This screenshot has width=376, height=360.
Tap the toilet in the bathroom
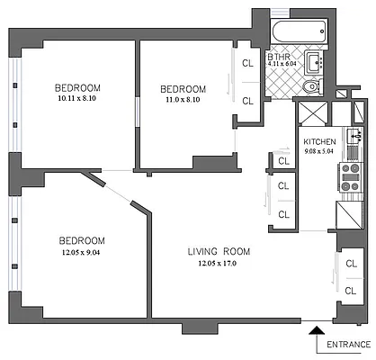(309, 87)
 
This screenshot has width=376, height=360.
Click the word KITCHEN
(319, 142)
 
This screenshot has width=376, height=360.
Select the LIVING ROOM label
(219, 250)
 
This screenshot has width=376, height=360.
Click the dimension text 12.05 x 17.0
(219, 264)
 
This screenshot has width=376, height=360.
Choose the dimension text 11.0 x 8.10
(183, 100)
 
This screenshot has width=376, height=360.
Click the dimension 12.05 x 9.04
(82, 253)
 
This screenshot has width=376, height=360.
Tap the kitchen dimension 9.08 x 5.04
(319, 152)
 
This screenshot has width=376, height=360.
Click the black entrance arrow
(316, 337)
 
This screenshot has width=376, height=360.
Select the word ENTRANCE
(349, 346)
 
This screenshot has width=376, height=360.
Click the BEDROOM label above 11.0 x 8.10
(183, 88)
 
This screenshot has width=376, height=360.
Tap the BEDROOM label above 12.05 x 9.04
(82, 240)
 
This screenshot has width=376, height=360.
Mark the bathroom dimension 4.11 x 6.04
(283, 64)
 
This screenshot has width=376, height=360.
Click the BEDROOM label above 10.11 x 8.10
(77, 86)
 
